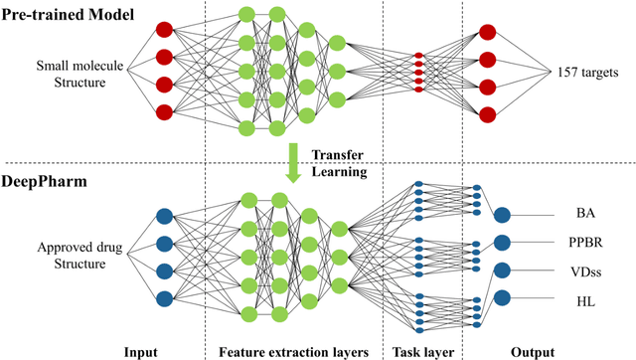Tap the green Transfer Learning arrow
pos(292,162)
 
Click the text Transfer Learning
pos(340,162)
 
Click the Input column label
pos(141,351)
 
